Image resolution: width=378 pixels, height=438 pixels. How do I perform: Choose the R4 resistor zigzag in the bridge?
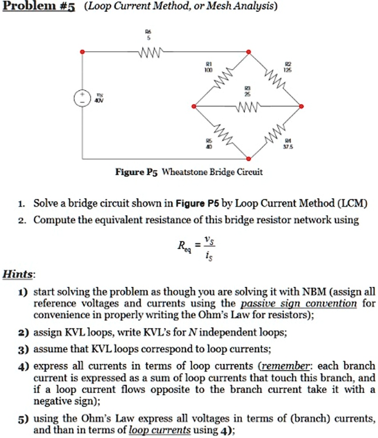click(x=274, y=134)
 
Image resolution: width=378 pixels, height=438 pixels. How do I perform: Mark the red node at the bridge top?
click(x=249, y=53)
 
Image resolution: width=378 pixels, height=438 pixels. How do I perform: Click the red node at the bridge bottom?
click(x=249, y=158)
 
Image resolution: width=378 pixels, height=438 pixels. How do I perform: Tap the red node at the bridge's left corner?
click(x=193, y=106)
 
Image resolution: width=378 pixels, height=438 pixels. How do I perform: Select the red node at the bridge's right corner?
click(x=302, y=106)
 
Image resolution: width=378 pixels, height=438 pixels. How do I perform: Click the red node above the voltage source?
click(x=81, y=53)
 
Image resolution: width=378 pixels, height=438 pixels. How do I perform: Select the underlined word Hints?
click(x=17, y=274)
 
